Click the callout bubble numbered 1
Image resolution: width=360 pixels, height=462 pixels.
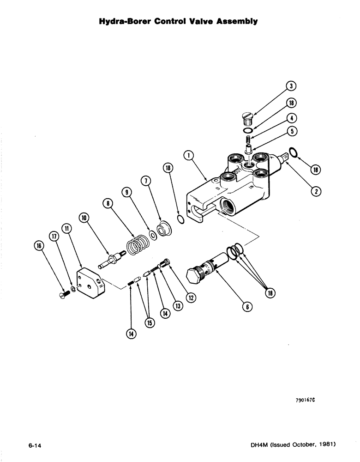188,156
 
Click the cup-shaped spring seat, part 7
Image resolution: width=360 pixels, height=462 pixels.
163,230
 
